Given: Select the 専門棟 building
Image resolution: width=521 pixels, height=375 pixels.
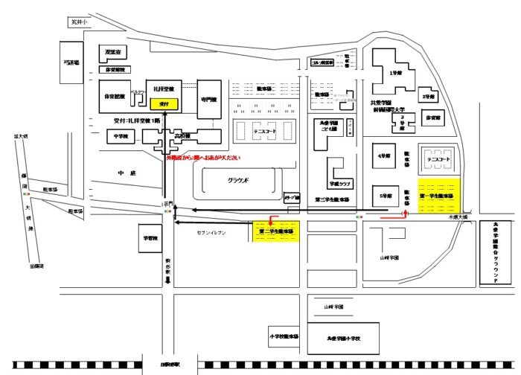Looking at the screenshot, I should click(x=208, y=100).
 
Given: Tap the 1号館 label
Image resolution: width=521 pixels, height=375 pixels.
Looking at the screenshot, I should click(x=395, y=74).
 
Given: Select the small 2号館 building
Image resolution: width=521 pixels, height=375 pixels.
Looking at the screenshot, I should click(x=426, y=97).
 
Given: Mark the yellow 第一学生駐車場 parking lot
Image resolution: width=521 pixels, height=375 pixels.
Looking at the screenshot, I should click(x=440, y=196).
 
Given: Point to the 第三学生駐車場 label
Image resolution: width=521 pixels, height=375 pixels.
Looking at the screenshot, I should click(x=332, y=199).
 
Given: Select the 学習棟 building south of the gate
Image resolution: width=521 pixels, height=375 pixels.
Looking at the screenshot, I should click(x=151, y=240).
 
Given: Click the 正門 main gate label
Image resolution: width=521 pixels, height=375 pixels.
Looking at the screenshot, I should click(x=169, y=202).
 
